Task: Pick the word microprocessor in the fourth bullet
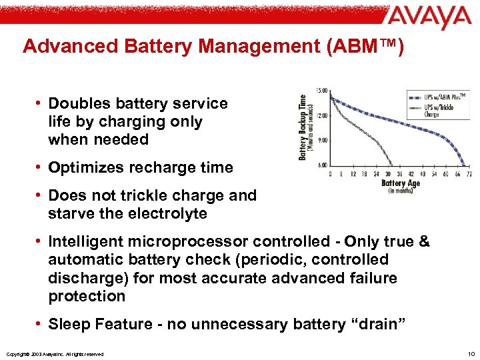[x=194, y=241]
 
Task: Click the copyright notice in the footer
[x=54, y=354]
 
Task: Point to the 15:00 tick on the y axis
[x=321, y=91]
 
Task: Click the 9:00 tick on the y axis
[x=321, y=139]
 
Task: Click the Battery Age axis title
[x=399, y=183]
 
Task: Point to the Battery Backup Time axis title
[x=303, y=127]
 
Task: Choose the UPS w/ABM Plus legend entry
[x=446, y=96]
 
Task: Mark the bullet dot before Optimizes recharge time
[x=40, y=168]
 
